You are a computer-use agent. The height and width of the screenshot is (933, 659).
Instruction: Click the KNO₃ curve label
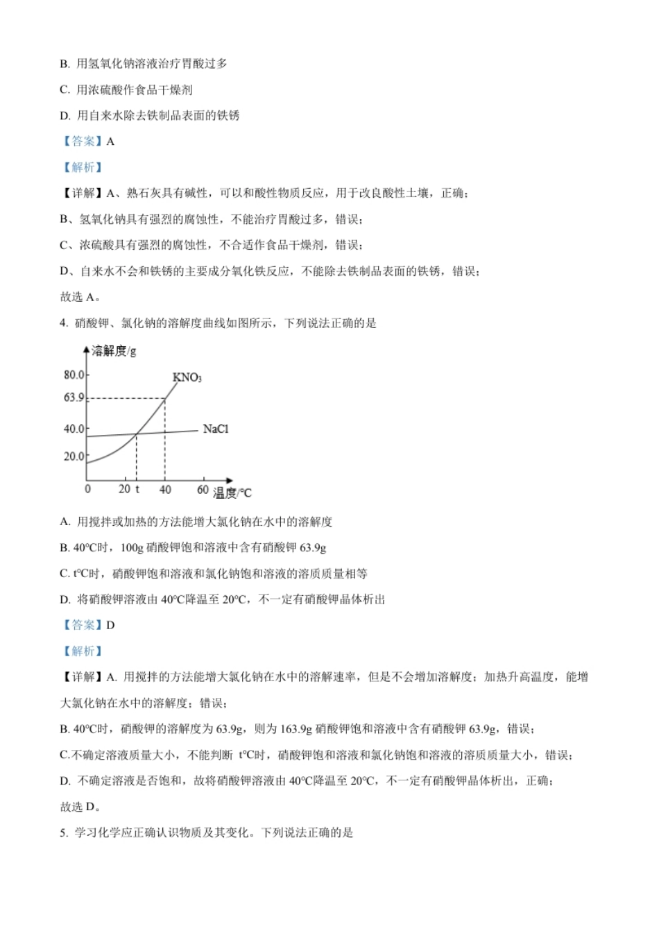(187, 377)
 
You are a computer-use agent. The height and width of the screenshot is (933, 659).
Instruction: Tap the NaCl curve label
(215, 429)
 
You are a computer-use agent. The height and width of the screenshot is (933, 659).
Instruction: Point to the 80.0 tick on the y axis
(74, 375)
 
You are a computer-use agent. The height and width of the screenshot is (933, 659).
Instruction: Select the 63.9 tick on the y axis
(74, 397)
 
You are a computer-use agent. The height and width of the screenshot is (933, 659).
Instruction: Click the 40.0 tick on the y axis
(74, 429)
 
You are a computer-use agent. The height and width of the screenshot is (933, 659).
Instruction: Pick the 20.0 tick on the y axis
(74, 456)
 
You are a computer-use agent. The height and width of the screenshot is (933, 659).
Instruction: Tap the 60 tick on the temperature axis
(203, 489)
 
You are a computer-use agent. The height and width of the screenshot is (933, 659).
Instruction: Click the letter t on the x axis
(137, 489)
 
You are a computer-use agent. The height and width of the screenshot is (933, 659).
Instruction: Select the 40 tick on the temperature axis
(165, 489)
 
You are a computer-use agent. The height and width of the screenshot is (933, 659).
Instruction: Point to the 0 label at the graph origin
(87, 489)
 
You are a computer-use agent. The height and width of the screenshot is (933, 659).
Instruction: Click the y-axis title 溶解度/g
(114, 351)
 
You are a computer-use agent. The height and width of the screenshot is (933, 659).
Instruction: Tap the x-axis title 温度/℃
(232, 493)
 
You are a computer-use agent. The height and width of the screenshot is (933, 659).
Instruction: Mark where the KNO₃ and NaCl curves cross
(136, 434)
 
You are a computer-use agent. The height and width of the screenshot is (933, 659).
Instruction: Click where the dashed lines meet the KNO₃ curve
(165, 398)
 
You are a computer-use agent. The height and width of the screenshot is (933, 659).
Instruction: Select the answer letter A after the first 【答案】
(110, 142)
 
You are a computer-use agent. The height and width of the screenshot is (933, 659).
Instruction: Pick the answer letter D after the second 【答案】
(110, 625)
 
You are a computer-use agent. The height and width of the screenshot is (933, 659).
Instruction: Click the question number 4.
(63, 323)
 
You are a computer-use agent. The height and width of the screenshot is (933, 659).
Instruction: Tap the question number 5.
(63, 832)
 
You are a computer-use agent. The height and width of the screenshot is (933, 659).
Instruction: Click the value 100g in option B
(131, 548)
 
